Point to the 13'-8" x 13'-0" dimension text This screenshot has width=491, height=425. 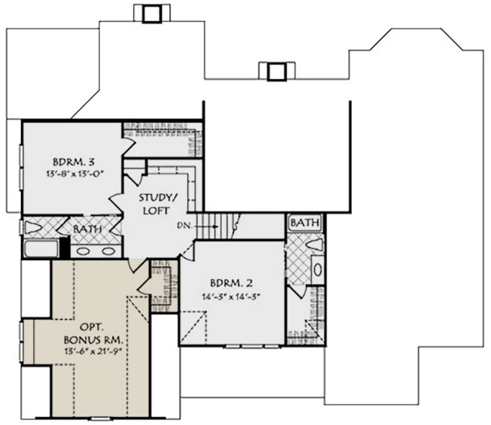75,174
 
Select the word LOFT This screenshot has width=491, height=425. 156,211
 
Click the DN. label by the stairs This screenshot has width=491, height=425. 185,226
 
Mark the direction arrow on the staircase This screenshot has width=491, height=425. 206,227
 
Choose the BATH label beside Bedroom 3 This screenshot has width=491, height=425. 88,229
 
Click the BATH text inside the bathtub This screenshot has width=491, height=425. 305,223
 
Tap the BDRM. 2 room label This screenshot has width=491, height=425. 232,283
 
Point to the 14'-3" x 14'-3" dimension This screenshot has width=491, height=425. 232,297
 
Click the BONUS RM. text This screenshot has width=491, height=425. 93,340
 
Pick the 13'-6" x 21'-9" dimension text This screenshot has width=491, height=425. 94,351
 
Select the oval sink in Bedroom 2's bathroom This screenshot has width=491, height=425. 318,270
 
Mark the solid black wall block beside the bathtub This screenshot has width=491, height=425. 64,248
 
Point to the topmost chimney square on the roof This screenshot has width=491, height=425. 152,14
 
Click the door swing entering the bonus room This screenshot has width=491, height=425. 137,266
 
